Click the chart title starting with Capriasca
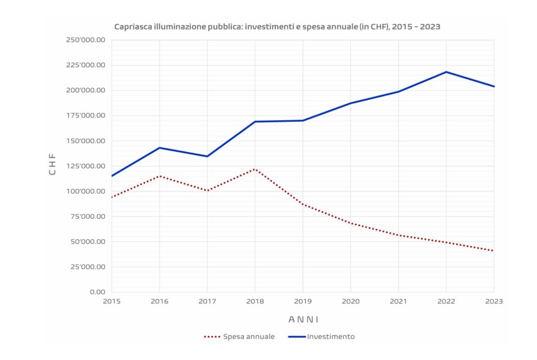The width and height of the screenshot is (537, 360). (277, 27)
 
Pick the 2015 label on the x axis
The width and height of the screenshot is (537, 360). (112, 301)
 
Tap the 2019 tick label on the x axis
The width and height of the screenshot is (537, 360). (303, 301)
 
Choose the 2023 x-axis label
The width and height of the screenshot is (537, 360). (493, 301)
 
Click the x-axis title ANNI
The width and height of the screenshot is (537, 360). (303, 319)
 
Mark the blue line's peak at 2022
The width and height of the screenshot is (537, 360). (446, 72)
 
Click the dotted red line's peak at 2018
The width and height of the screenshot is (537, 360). (255, 169)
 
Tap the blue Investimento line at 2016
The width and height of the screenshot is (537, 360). (159, 147)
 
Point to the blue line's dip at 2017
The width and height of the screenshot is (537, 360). (207, 156)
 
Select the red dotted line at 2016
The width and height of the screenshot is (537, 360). (159, 176)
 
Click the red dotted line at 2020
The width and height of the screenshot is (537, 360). (350, 223)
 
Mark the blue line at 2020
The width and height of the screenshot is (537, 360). (350, 103)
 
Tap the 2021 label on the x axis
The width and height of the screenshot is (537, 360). (398, 301)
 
